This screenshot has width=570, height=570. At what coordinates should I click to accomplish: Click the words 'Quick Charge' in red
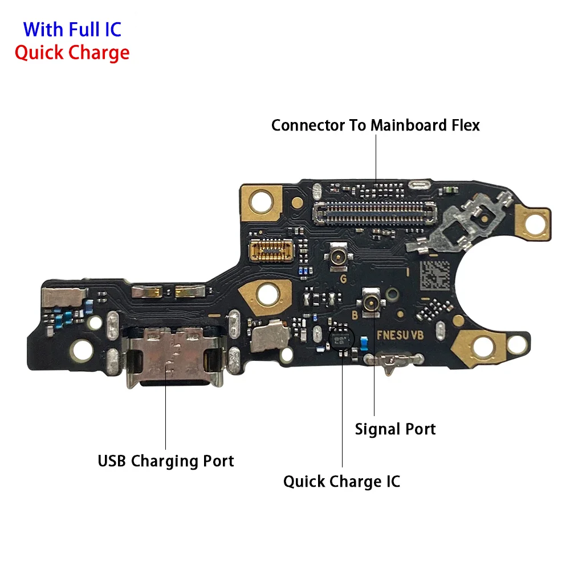72,52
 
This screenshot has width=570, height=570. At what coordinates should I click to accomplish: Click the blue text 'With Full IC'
72,28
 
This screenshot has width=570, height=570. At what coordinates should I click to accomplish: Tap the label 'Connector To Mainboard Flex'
375,125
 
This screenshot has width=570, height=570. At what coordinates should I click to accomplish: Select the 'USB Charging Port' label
166,461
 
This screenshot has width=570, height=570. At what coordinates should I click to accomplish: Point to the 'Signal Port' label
395,429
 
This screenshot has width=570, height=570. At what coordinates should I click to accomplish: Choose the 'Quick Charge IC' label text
341,481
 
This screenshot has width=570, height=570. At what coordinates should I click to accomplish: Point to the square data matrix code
437,275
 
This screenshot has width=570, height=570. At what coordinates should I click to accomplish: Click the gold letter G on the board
343,279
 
